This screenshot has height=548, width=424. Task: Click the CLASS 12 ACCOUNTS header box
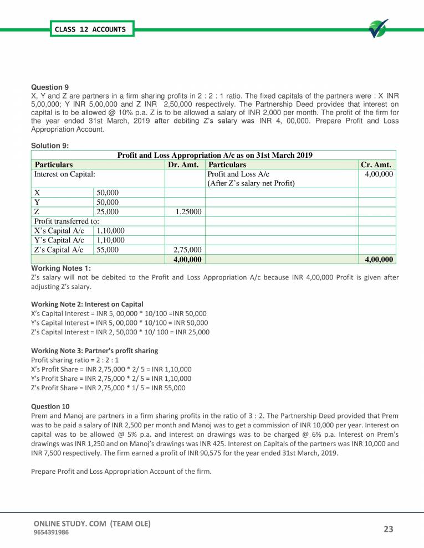point(90,29)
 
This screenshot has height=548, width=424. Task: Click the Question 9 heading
point(50,87)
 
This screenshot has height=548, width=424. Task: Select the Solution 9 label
point(50,145)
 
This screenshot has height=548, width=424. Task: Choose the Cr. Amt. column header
point(376,165)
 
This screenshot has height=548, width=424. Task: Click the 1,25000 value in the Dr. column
point(188,211)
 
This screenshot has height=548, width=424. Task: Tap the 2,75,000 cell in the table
point(187,250)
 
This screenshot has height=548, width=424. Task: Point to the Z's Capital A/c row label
point(59,250)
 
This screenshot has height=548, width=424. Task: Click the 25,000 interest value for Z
point(108,211)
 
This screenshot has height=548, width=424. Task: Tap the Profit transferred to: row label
point(67,221)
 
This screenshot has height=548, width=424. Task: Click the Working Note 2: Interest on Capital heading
point(87,304)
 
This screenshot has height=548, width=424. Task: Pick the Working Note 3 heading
point(94,351)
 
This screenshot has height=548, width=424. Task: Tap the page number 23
point(388,529)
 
